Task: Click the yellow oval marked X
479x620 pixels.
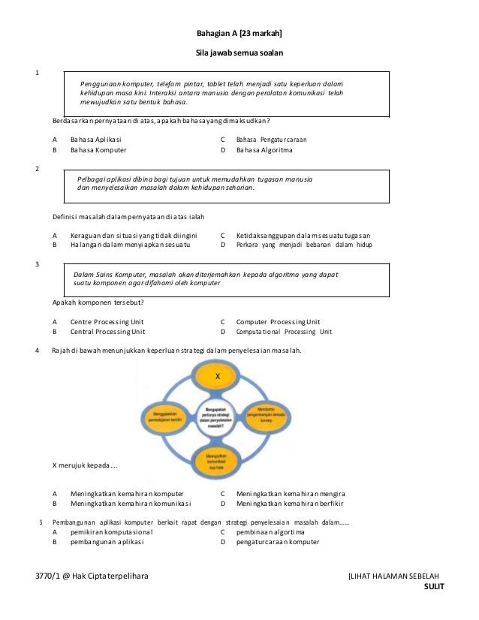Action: coord(216,375)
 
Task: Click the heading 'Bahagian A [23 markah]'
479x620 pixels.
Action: coord(239,34)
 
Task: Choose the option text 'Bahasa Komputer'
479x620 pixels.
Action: coord(98,150)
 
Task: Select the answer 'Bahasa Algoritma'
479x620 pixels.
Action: coord(264,150)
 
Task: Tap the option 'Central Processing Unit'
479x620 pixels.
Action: coord(108,331)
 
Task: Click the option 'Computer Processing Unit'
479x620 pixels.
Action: coord(278,321)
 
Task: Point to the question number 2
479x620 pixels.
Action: coord(38,168)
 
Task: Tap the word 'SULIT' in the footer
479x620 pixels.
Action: coord(434,587)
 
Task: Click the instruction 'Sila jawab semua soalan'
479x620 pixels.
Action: coord(239,53)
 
